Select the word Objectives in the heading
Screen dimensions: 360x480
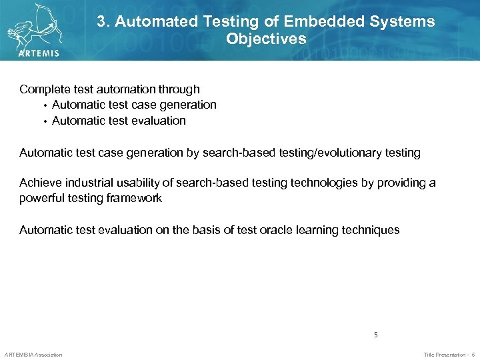(266, 39)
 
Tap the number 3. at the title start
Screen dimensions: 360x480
(103, 21)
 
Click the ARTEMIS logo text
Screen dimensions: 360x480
(39, 53)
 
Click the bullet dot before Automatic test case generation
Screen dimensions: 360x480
(45, 105)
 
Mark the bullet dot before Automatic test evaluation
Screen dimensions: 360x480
(45, 121)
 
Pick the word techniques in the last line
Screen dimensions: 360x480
(370, 230)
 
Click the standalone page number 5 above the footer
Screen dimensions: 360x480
(376, 335)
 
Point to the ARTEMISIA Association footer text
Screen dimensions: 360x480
(33, 355)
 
